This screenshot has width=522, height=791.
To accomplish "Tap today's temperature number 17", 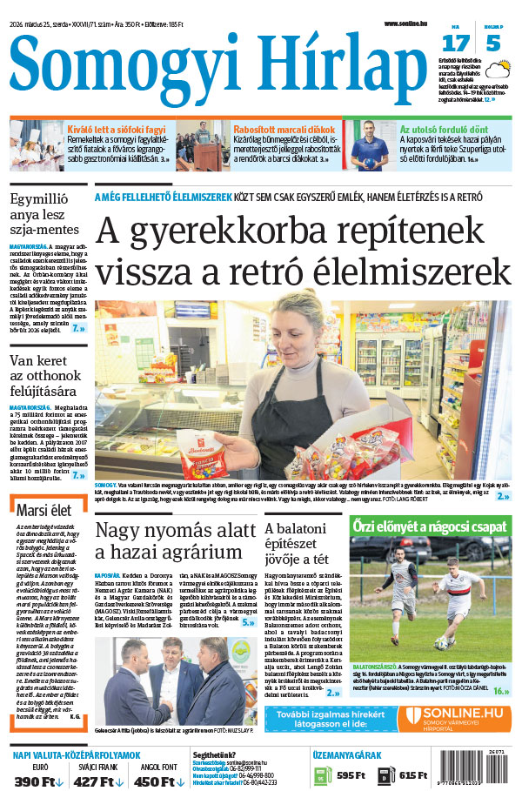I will pos(456,44).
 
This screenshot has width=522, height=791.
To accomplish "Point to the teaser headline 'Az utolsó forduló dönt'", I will pos(438,130).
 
